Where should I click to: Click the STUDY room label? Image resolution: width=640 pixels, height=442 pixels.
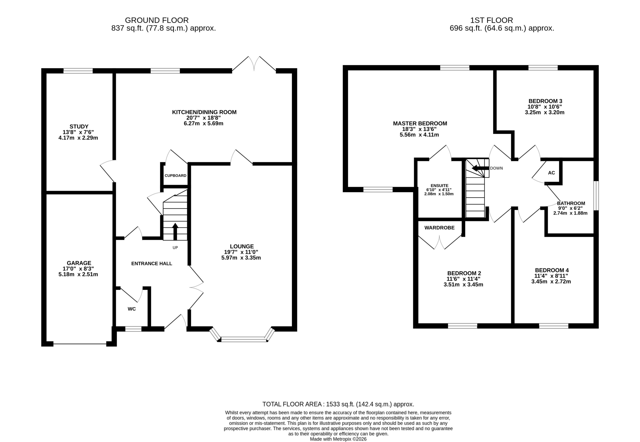click(79, 127)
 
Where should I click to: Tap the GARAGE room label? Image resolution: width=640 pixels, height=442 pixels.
click(79, 263)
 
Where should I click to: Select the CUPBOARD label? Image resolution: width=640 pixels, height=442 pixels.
click(175, 176)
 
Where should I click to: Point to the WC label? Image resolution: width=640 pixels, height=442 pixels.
click(132, 309)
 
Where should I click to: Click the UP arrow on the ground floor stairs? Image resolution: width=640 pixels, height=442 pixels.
click(175, 232)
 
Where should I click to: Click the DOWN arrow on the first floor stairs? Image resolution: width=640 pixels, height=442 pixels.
click(480, 168)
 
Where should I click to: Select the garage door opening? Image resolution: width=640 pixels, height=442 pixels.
click(80, 344)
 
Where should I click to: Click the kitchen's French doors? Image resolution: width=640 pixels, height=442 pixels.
click(254, 64)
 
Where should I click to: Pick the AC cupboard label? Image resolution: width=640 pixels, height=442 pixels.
click(551, 173)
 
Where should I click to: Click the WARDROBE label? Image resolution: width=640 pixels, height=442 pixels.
click(439, 228)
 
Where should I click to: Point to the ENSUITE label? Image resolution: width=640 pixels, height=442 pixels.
click(439, 186)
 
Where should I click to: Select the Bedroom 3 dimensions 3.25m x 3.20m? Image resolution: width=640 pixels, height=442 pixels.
click(544, 113)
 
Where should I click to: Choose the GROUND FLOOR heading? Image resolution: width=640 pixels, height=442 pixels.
click(157, 20)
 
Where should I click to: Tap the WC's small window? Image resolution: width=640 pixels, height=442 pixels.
click(133, 329)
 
